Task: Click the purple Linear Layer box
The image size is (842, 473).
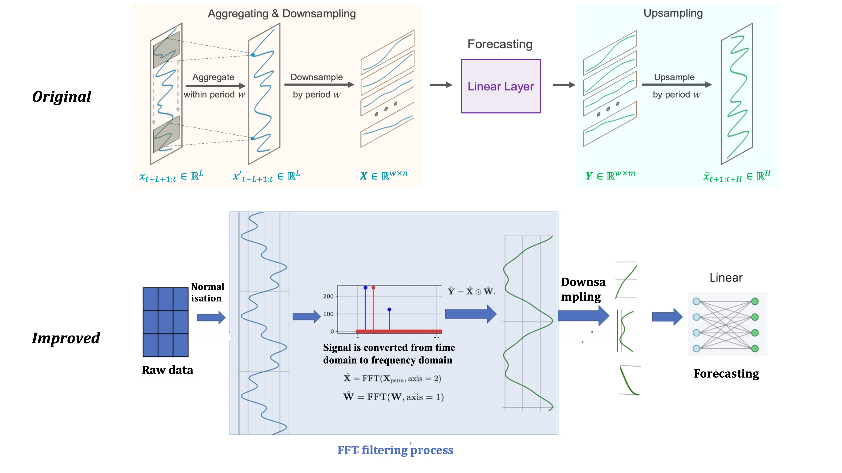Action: tap(500, 86)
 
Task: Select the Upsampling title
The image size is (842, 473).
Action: tap(673, 13)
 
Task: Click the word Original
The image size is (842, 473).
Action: tap(61, 97)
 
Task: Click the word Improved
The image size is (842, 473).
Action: tap(66, 338)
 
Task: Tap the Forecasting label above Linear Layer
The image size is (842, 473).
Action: tap(500, 44)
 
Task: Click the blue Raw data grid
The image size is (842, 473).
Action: tap(165, 322)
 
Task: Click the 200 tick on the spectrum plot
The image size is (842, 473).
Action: tap(328, 296)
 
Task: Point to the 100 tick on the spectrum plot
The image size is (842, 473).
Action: tap(328, 314)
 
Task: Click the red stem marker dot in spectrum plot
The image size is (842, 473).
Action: tap(373, 288)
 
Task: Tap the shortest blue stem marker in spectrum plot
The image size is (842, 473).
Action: tap(389, 309)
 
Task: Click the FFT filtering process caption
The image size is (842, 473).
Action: tap(395, 450)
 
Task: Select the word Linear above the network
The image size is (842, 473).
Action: tap(726, 278)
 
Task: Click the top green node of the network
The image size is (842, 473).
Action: tap(755, 301)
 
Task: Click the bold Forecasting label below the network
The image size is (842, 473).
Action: tap(726, 373)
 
